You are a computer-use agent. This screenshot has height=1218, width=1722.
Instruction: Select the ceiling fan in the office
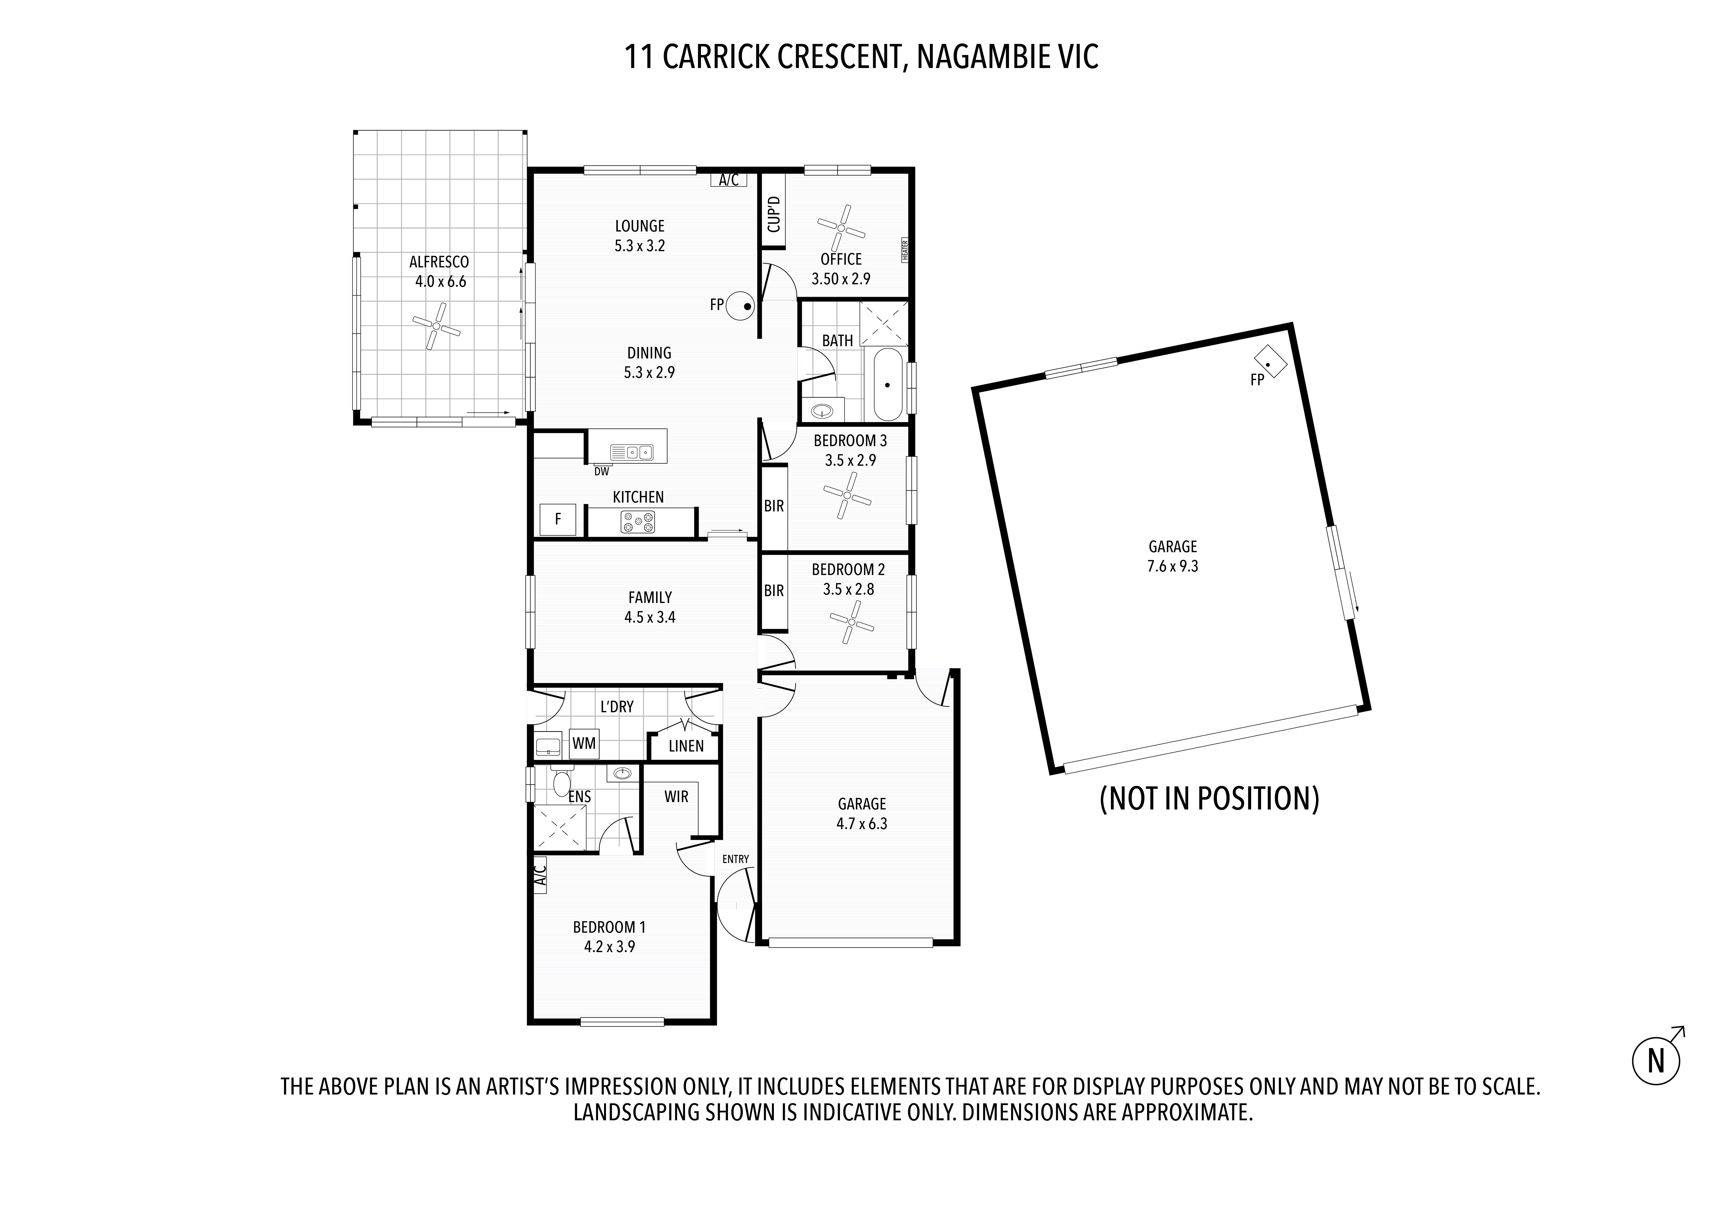click(x=841, y=228)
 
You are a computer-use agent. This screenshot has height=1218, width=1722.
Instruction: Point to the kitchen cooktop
click(x=637, y=521)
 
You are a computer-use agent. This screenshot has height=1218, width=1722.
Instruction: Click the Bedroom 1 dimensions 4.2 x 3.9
click(x=610, y=947)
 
